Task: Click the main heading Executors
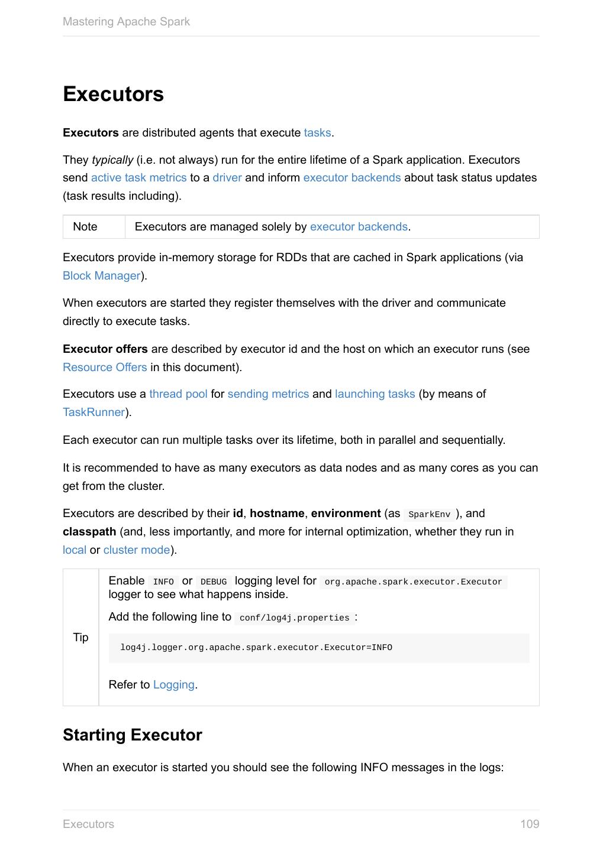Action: (113, 95)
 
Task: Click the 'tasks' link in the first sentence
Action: (317, 133)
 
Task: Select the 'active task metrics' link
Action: (138, 178)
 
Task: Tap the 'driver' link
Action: (227, 178)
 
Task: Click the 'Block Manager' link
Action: (102, 276)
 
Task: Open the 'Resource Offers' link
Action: (105, 368)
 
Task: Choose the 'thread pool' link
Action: (178, 394)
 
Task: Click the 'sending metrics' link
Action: (268, 394)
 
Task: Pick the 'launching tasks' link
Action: (375, 394)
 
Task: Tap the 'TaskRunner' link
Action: (93, 412)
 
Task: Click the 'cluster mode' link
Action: (137, 550)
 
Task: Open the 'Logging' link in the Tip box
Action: (173, 685)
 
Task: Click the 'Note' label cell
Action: (85, 227)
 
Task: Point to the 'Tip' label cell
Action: (80, 637)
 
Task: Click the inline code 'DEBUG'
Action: (214, 582)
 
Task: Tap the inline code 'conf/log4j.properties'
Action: (294, 618)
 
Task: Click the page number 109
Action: (530, 824)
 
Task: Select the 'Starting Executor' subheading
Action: (133, 735)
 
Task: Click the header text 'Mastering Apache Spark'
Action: (126, 22)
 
